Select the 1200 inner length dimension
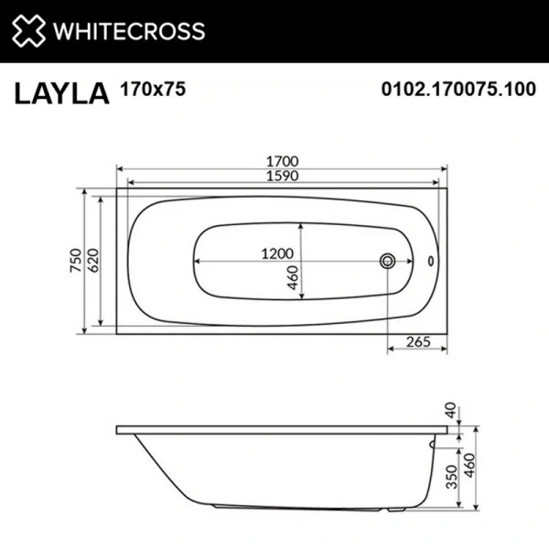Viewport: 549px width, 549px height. point(281,253)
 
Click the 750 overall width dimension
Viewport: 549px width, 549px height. point(80,261)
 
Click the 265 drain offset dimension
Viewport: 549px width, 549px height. point(416,340)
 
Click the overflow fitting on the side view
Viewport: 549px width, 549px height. point(433,446)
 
